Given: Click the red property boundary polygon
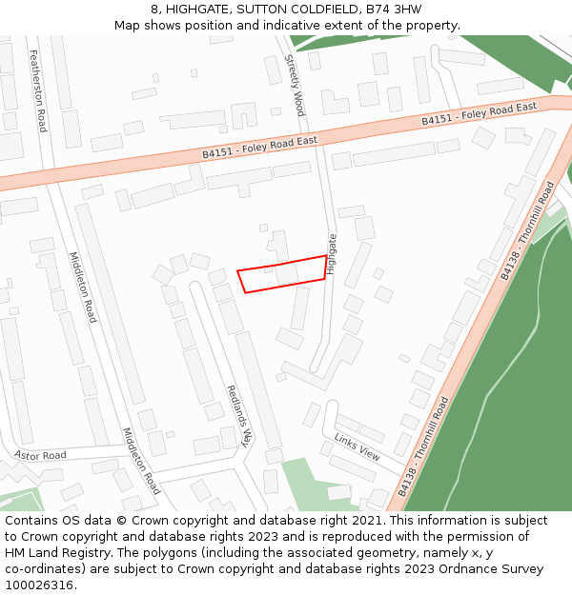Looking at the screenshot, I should [282, 274].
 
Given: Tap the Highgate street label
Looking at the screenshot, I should [332, 254].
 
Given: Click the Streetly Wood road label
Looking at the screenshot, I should [295, 85].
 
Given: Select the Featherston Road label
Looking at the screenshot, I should [39, 90].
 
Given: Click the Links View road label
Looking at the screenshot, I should [357, 446].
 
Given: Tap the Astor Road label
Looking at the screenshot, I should [40, 456].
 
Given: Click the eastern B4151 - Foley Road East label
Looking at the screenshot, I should [480, 113].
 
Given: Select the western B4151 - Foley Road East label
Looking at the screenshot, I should [259, 148].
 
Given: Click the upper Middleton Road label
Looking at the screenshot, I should [83, 287].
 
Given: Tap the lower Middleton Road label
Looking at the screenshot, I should [141, 461].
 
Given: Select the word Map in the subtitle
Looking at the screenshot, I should [128, 25].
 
